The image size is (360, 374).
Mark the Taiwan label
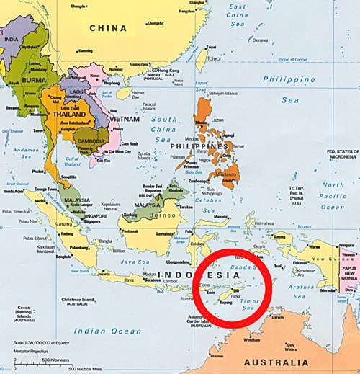(x=215, y=59)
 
